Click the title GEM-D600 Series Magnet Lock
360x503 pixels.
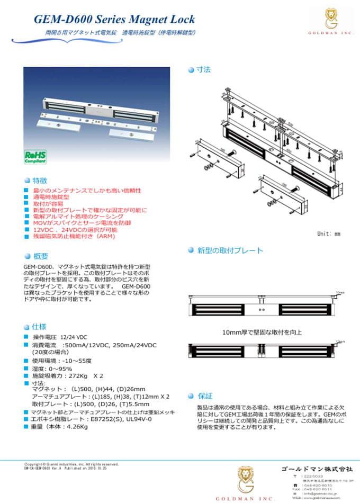pyautogui.click(x=114, y=20)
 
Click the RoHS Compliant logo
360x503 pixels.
pyautogui.click(x=35, y=156)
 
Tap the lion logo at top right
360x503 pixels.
pyautogui.click(x=332, y=18)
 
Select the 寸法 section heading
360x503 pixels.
pyautogui.click(x=204, y=69)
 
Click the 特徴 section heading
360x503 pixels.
pyautogui.click(x=40, y=180)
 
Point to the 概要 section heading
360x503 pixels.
pyautogui.click(x=40, y=256)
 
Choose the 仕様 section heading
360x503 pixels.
pyautogui.click(x=40, y=326)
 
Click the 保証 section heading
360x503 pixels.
pyautogui.click(x=205, y=396)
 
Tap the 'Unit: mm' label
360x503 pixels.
pyautogui.click(x=329, y=233)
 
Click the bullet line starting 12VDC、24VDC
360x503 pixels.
pyautogui.click(x=75, y=230)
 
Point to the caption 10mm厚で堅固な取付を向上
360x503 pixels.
pyautogui.click(x=262, y=333)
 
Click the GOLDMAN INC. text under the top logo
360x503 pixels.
pyautogui.click(x=332, y=33)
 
